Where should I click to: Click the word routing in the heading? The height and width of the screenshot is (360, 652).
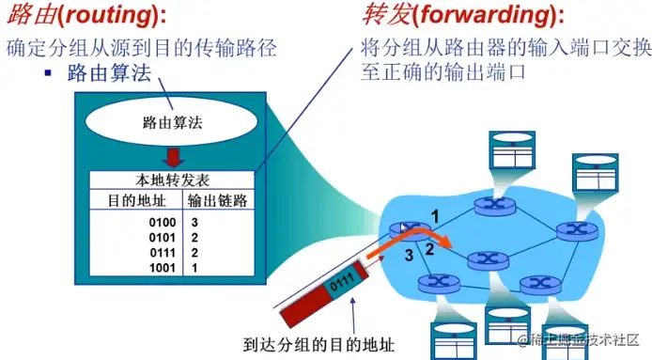tap(110, 14)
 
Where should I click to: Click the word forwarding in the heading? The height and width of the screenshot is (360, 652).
tap(486, 14)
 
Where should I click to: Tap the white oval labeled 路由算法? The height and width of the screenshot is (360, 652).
tap(171, 122)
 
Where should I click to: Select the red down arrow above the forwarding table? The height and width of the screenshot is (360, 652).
tap(174, 158)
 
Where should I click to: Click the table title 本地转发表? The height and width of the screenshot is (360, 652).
tap(172, 180)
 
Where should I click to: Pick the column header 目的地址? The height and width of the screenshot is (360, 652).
tap(137, 200)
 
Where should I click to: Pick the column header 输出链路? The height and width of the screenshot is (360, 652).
tap(217, 200)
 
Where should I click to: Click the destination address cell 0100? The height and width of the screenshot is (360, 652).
tap(163, 222)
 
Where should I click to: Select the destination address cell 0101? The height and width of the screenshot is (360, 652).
tap(163, 238)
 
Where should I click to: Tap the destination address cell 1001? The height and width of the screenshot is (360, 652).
tap(163, 268)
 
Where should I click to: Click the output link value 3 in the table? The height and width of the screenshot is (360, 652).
tap(194, 222)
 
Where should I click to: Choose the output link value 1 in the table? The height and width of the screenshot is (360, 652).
tap(194, 268)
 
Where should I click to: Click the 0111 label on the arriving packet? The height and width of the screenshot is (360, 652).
tap(342, 281)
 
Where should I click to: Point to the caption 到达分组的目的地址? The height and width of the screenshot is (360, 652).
tap(318, 345)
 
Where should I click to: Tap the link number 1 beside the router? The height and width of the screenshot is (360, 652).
tap(435, 216)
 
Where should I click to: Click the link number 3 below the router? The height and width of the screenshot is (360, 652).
tap(410, 255)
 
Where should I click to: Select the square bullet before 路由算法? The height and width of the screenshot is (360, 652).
tap(48, 73)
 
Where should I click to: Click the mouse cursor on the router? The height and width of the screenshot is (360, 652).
tap(403, 227)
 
